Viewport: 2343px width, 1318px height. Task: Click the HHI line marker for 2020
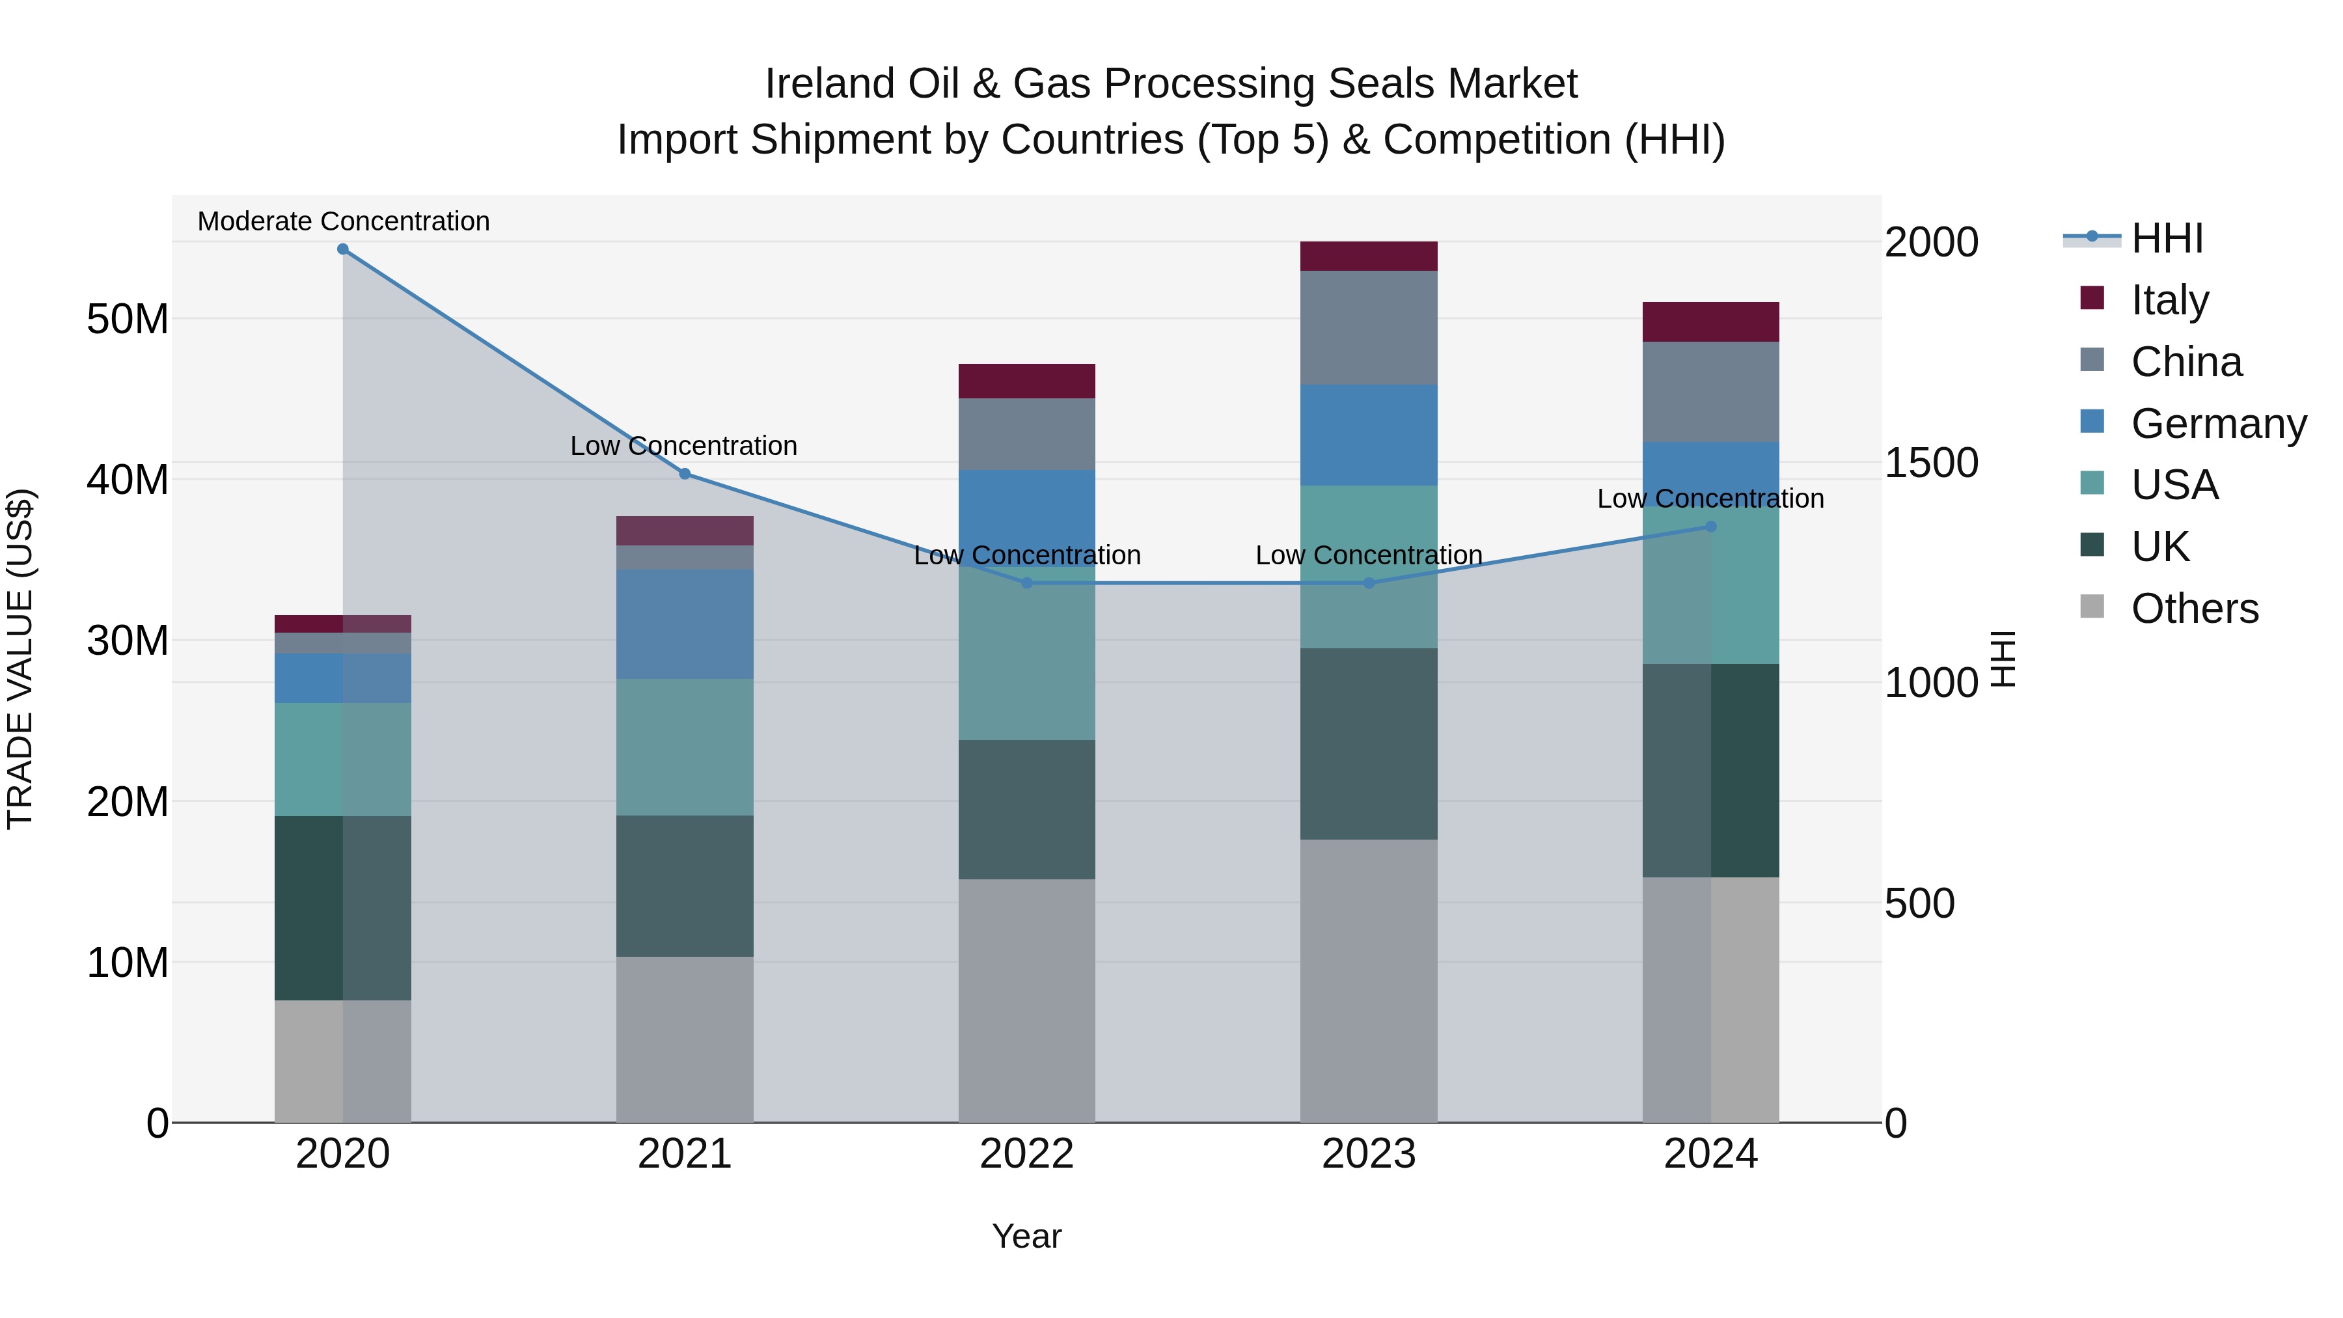tap(343, 249)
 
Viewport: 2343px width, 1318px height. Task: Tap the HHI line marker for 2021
tap(685, 474)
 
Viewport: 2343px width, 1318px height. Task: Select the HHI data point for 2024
tap(1711, 527)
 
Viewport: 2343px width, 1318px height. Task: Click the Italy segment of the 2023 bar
tap(1369, 256)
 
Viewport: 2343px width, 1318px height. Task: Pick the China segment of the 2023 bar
tap(1369, 327)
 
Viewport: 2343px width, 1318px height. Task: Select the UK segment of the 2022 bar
tap(1027, 810)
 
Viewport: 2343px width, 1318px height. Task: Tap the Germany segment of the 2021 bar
tap(685, 624)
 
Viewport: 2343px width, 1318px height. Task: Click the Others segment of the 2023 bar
tap(1369, 981)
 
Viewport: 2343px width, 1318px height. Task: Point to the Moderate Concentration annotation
tap(344, 222)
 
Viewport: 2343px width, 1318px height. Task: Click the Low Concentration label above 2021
tap(684, 446)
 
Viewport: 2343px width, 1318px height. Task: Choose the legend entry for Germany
tap(2217, 424)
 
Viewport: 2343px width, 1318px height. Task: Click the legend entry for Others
tap(2194, 609)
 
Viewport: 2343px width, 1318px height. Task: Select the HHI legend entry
tap(2167, 238)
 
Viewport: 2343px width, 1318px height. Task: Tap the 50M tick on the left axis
tap(128, 320)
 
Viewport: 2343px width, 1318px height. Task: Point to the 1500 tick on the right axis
tap(1931, 463)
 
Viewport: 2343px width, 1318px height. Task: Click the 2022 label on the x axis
tap(1027, 1154)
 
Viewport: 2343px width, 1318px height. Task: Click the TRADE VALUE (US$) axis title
tap(21, 659)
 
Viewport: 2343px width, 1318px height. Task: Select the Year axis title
tap(1027, 1236)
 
